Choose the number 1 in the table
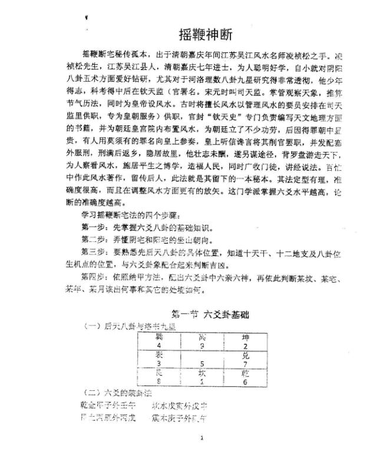[203, 381]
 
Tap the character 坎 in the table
[203, 373]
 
